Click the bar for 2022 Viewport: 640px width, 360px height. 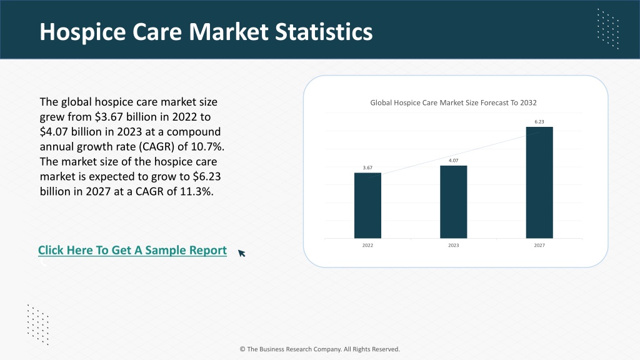(x=367, y=205)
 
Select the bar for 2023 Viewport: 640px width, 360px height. (x=454, y=202)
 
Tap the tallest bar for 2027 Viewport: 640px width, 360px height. (x=539, y=182)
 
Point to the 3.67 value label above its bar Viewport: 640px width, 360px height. (x=367, y=167)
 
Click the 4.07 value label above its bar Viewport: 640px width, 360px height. (x=454, y=161)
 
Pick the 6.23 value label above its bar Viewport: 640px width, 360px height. (x=539, y=122)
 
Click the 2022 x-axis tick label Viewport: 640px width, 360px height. (x=367, y=245)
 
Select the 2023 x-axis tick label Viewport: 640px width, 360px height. (x=454, y=245)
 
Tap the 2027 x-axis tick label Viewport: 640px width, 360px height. (x=539, y=245)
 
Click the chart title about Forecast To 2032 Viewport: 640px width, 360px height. (x=453, y=103)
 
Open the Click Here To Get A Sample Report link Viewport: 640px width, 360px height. (x=132, y=250)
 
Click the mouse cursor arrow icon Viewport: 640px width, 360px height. (x=242, y=253)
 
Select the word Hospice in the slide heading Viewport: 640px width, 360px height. (x=82, y=32)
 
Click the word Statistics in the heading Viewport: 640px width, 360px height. (x=324, y=32)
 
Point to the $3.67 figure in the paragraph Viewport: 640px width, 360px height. (x=109, y=117)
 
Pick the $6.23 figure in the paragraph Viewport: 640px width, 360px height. (x=206, y=177)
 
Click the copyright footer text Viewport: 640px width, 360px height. (x=319, y=349)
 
